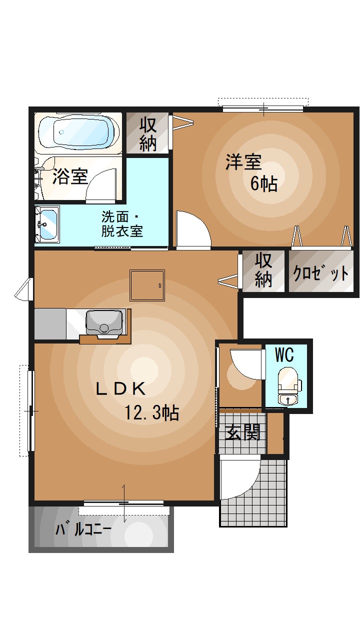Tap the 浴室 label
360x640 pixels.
tap(70, 176)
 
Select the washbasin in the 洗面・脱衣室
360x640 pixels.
tap(47, 223)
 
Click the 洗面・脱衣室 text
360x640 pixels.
tap(122, 224)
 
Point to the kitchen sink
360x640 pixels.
tap(104, 321)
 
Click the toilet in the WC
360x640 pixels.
tap(287, 385)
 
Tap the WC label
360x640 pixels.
tap(284, 355)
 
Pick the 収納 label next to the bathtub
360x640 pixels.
tap(148, 133)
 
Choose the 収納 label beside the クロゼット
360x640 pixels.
tap(263, 270)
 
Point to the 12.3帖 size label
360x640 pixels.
tap(152, 413)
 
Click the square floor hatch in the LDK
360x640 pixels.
tap(147, 285)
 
